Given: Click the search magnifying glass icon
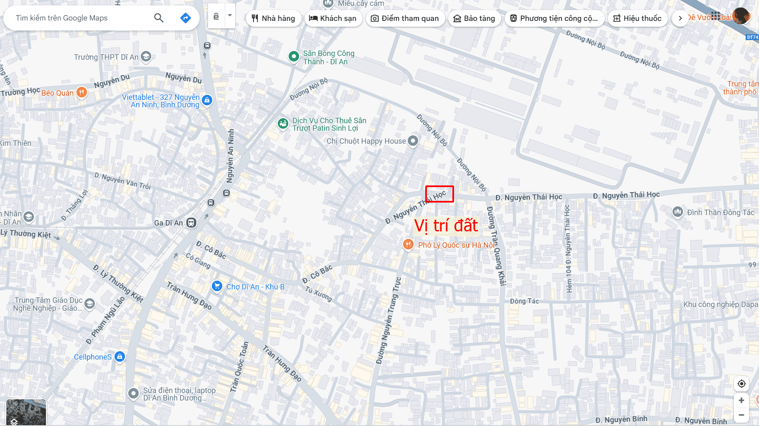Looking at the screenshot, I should coord(159,18).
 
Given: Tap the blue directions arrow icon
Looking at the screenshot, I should coord(185,18).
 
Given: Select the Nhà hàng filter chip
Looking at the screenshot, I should coord(274,18).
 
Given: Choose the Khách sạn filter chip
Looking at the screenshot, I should coord(333,18).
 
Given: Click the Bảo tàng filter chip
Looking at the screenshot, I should coord(474,18).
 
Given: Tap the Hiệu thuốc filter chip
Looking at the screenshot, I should coord(637,18).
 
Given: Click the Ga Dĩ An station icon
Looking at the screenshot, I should coord(191,223).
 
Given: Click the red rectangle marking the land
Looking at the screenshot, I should coord(439,194).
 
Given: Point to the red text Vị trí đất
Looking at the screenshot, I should coord(446,226).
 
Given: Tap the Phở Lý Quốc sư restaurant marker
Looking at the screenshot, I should coord(408,244).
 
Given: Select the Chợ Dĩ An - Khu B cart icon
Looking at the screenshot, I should coord(217,286).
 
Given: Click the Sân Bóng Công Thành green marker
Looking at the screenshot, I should coord(294,56).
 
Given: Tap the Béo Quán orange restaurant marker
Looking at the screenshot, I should coord(82,92).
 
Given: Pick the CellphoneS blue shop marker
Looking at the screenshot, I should coord(120,357).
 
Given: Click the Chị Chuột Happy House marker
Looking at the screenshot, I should coord(413,141).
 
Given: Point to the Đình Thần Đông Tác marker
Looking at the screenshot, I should coord(678,212).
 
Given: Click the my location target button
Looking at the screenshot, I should coord(741,383).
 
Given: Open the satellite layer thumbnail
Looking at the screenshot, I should coord(26,412).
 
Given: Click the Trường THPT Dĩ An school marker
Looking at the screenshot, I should coord(146,56).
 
